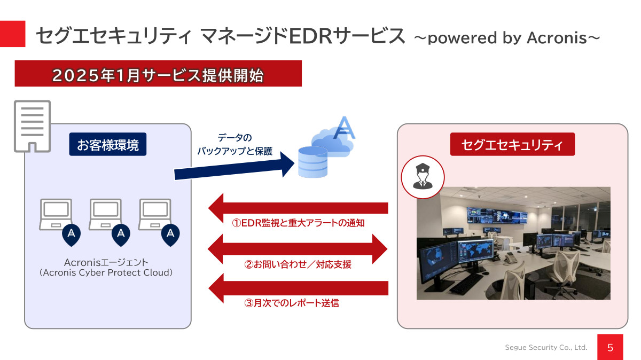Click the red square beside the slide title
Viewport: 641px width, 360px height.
12,34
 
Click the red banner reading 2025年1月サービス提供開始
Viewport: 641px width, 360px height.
158,74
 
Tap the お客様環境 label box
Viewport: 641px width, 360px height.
108,144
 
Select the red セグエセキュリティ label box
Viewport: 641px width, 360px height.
512,144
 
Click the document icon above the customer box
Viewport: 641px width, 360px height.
32,126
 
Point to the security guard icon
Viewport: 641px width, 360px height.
422,177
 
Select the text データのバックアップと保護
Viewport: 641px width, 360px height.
235,144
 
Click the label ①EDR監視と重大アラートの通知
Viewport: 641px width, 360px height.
298,223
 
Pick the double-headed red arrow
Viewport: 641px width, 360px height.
297,248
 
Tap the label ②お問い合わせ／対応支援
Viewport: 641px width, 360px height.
298,264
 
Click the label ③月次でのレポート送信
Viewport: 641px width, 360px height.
292,303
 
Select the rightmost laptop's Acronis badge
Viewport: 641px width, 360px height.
170,233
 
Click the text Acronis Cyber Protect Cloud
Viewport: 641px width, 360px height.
106,272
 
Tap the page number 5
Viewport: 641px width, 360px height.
611,348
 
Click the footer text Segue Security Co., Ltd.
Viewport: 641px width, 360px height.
546,348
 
